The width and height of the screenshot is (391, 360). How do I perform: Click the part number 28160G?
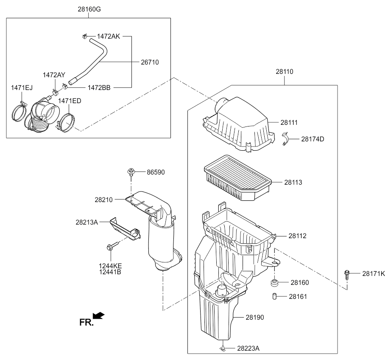(x=89, y=9)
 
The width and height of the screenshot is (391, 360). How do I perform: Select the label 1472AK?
(x=109, y=37)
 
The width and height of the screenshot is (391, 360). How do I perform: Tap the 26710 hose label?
(x=150, y=62)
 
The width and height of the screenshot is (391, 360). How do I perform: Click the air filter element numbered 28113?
(x=237, y=178)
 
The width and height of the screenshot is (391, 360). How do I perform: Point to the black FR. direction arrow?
(x=98, y=315)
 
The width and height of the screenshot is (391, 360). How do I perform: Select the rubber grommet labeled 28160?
(x=274, y=283)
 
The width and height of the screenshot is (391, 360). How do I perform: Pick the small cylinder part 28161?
(x=274, y=297)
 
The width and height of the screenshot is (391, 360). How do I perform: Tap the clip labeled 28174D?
(x=285, y=139)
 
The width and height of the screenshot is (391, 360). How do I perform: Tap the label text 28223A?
(x=248, y=348)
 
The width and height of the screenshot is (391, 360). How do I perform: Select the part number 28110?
(x=284, y=72)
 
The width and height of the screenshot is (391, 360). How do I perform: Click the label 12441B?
(x=110, y=272)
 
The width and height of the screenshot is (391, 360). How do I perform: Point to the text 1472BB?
(x=99, y=88)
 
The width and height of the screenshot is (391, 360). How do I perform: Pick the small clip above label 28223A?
(x=223, y=348)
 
